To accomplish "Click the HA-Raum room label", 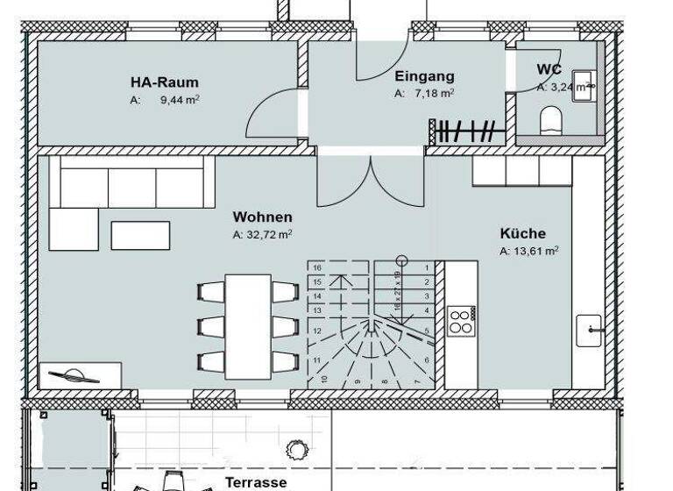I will coord(164,82).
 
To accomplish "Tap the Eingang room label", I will coord(424,76).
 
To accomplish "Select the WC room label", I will coord(549,69).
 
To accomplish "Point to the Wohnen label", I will coord(262,217).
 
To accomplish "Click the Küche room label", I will coord(523,233).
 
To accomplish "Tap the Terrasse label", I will coord(256,482).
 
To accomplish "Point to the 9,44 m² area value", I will coord(178,100).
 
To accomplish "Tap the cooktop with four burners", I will coord(461,320).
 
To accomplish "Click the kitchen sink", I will coord(590,331).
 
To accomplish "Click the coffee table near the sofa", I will coord(140,234).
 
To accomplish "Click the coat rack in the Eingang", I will coord(468,132).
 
